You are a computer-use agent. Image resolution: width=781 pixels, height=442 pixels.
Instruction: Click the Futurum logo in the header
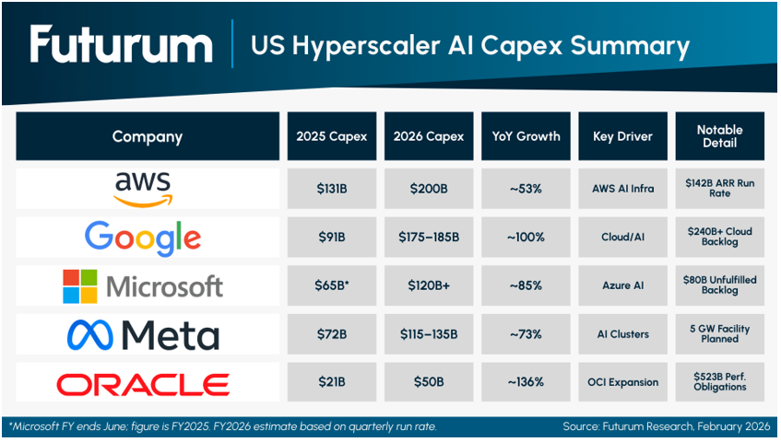pos(121,45)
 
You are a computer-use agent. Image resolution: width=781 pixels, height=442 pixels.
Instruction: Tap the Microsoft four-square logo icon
pos(79,286)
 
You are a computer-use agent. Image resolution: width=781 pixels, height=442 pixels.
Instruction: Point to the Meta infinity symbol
pos(89,334)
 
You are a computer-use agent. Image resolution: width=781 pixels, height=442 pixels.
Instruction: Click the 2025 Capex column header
pos(331,136)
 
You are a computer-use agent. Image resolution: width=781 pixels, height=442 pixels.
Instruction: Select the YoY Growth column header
pos(526,136)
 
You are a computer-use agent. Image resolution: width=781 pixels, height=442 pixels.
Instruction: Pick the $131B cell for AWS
pos(331,189)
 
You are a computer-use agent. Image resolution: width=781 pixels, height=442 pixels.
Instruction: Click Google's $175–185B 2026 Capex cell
pos(429,238)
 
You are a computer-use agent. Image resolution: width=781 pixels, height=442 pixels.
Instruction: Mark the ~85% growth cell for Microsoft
pos(526,285)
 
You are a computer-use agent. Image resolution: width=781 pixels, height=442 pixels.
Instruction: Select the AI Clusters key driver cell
pos(622,334)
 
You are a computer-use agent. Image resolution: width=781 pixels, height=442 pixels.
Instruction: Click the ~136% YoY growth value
pos(526,382)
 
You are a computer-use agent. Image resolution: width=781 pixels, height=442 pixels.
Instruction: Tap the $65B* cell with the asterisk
pos(331,285)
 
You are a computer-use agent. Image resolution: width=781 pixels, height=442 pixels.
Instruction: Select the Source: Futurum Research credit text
pos(666,427)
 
